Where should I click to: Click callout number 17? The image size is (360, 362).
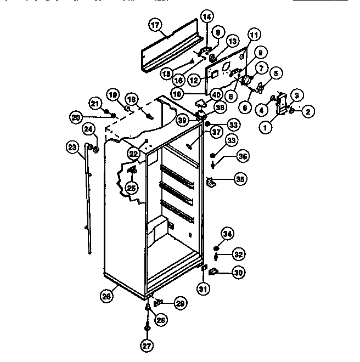pos(155,25)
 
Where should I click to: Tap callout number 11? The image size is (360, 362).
pos(253,35)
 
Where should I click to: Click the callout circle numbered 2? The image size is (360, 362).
pos(307,112)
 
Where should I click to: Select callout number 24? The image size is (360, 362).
pos(88,129)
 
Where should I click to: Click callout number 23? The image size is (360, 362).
pos(72,147)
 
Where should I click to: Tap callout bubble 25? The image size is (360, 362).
pos(131,189)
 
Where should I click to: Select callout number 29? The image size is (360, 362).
pos(181,303)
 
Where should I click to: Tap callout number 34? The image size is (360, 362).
pos(228,234)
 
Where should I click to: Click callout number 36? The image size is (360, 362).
pos(243,156)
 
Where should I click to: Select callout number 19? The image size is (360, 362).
pos(113,95)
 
